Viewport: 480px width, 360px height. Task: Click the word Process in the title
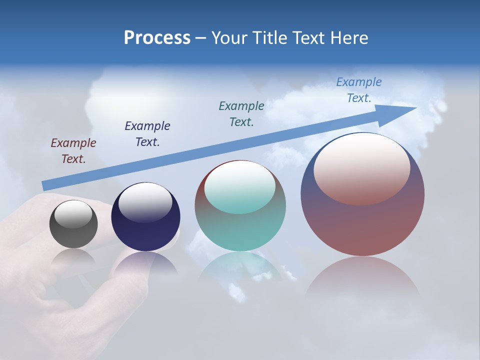point(157,38)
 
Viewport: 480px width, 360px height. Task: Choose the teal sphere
point(240,230)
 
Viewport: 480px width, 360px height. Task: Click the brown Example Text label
point(73,151)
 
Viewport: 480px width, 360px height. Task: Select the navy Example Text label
point(147,134)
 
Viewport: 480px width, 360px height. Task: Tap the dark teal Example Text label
point(241,113)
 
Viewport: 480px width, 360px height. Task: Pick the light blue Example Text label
point(359,90)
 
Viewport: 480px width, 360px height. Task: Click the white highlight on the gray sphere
point(73,214)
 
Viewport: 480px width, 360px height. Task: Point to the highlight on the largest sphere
point(362,169)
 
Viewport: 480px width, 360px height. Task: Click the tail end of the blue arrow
point(46,185)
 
